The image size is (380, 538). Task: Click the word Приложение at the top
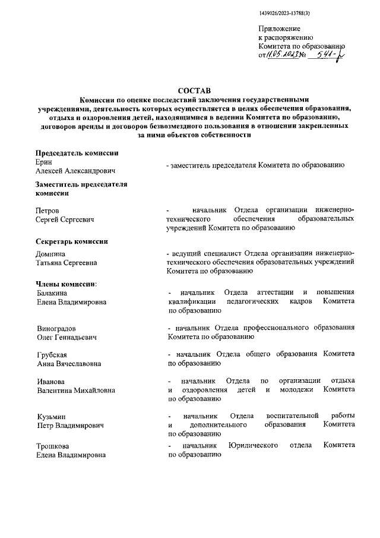coord(279,29)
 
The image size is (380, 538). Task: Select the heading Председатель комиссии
coord(77,153)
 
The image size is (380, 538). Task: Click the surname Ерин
coord(45,162)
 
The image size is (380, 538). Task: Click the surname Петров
coord(48,210)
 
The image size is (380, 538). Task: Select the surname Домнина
coord(52,253)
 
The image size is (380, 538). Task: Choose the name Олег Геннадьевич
coord(66,337)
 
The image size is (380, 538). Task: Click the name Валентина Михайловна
coord(76,390)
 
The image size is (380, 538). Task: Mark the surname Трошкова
coord(53,446)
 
